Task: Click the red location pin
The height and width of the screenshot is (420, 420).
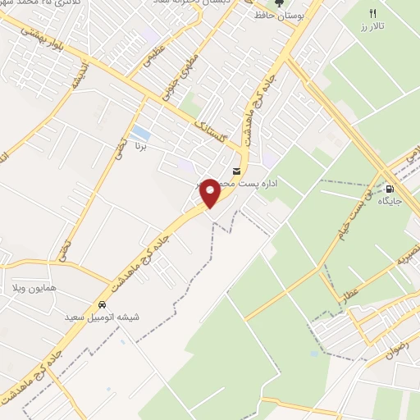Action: click(210, 193)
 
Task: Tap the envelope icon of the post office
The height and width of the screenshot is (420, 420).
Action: click(237, 171)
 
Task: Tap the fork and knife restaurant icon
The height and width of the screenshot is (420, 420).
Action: click(372, 13)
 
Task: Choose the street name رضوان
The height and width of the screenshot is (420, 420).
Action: click(395, 354)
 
